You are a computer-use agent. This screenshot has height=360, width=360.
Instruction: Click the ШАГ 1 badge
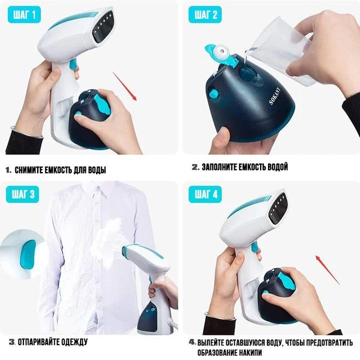(24, 15)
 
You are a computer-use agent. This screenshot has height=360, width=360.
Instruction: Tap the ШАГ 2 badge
(205, 15)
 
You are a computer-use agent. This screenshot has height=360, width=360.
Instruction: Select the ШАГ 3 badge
(22, 194)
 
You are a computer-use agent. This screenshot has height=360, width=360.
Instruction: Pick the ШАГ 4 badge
(205, 194)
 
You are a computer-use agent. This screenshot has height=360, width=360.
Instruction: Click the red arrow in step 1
(125, 86)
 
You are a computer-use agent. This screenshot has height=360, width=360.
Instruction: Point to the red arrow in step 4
(327, 270)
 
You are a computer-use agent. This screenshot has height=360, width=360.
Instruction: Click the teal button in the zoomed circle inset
(27, 254)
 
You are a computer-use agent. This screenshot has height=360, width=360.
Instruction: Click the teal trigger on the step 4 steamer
(255, 247)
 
